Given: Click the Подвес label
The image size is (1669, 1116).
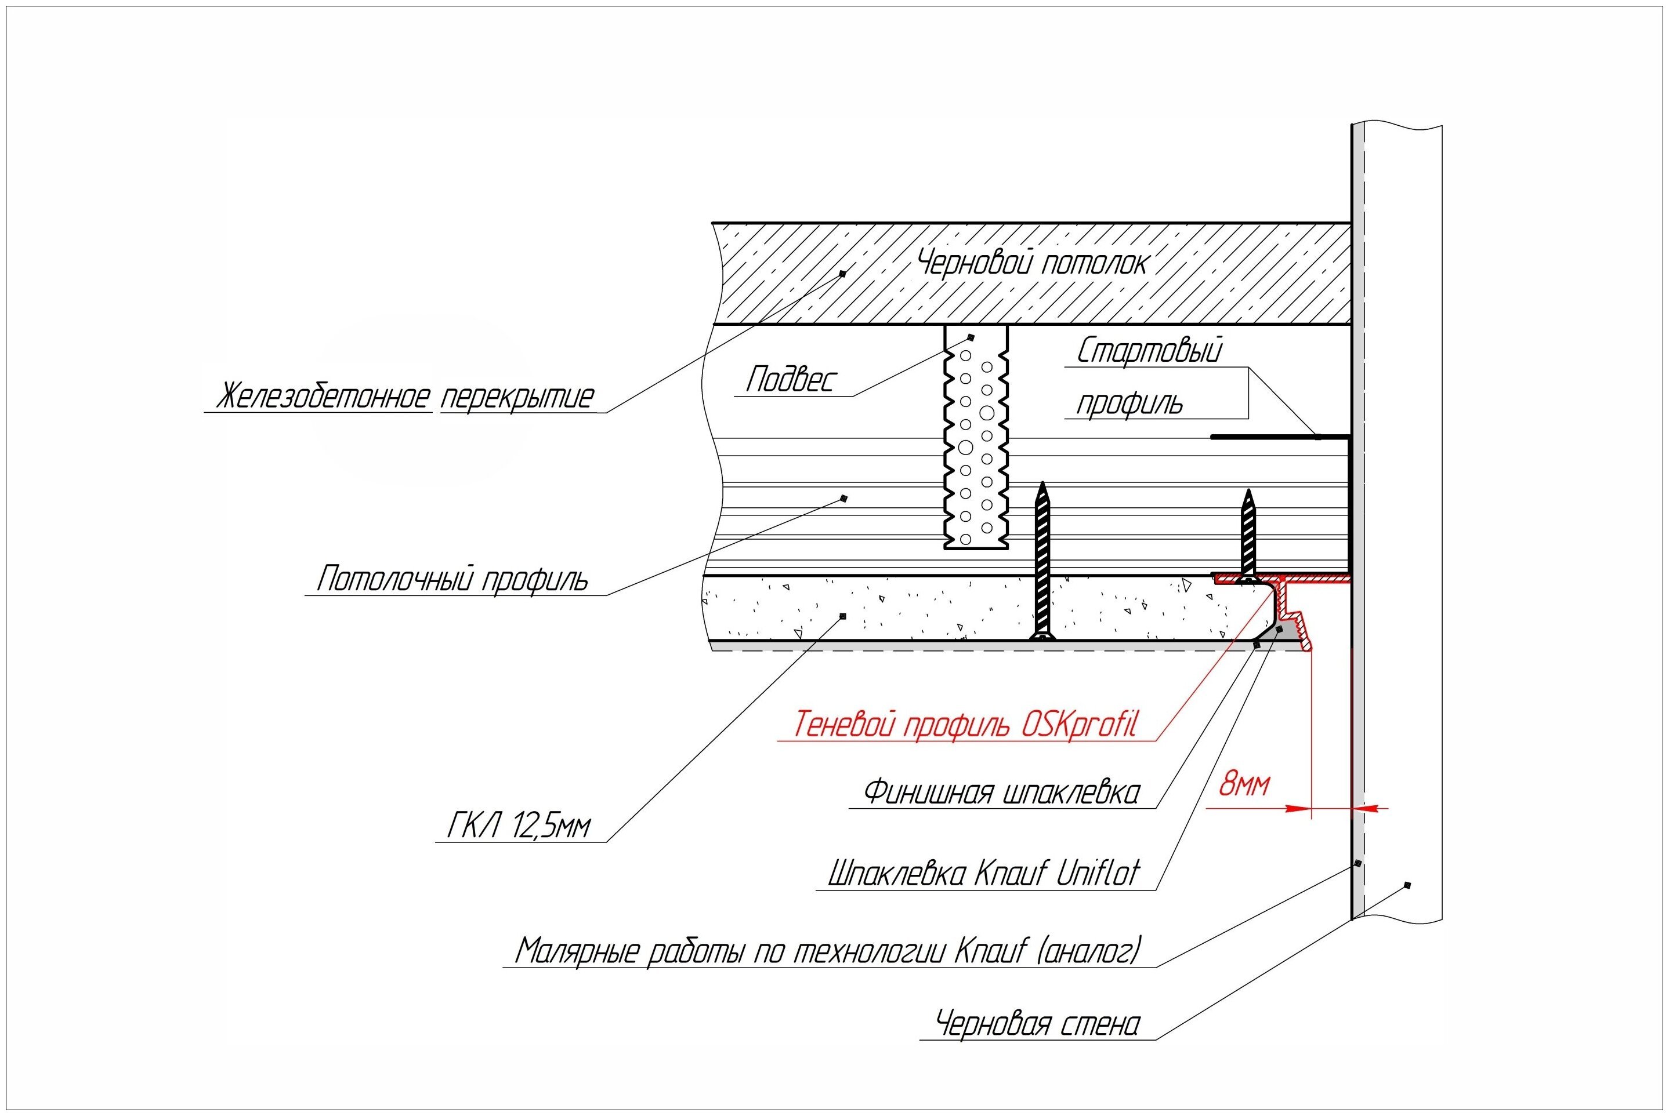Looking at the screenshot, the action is (790, 379).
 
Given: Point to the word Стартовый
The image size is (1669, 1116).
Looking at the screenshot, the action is (1149, 350).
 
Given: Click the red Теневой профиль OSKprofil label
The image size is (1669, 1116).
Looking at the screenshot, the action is (965, 725).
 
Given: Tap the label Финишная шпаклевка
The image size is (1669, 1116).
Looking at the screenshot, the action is (1002, 792).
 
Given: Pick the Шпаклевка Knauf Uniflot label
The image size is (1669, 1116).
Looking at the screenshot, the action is (984, 873).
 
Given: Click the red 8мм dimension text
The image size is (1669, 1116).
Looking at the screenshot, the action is (1244, 784).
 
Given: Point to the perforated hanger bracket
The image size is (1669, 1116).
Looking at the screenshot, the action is (976, 437).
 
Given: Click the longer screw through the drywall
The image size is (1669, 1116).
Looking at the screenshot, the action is (1043, 562).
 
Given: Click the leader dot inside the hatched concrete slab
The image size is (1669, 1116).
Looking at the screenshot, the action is (842, 273).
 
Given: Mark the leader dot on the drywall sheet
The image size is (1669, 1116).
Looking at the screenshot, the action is (843, 616).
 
